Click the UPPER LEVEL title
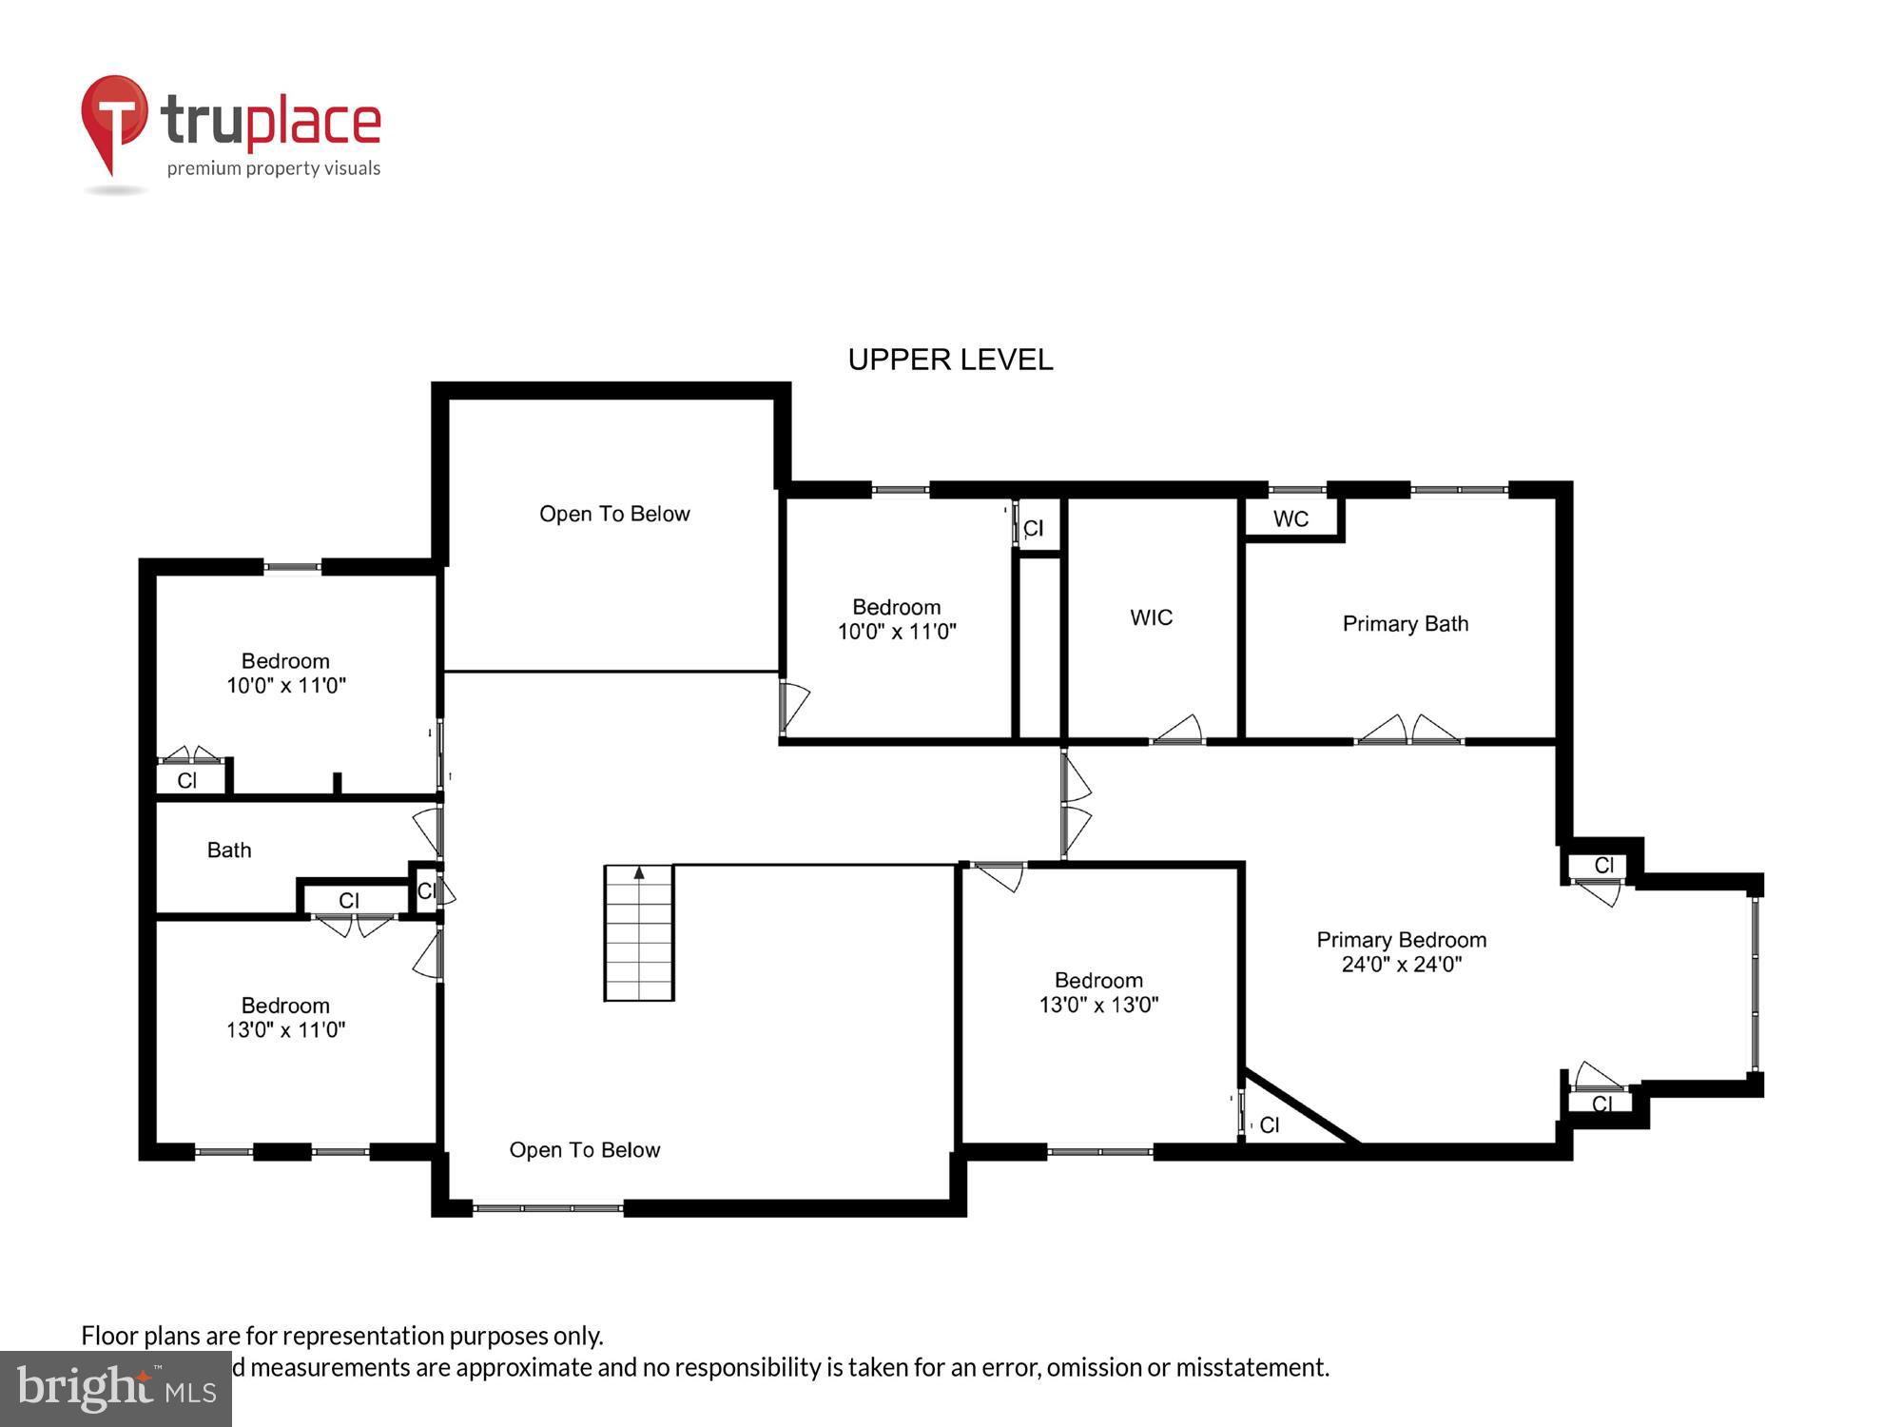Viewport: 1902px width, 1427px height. (950, 360)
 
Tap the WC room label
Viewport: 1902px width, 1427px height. (1291, 519)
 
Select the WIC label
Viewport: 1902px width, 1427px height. (1151, 617)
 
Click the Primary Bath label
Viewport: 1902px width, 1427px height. (1405, 624)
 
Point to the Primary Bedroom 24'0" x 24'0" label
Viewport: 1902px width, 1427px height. (1401, 951)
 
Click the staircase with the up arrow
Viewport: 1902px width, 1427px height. (639, 932)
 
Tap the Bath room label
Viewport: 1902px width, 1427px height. (229, 850)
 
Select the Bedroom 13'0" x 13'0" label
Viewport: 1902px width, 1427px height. (1098, 992)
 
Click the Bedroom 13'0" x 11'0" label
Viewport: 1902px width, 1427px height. (285, 1017)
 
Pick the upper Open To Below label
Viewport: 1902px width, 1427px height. (614, 514)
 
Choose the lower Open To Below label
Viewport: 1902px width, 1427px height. (584, 1150)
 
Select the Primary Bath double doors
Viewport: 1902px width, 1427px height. (1408, 731)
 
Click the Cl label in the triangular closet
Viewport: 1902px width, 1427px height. (1270, 1125)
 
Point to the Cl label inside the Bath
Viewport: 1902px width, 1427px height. (349, 900)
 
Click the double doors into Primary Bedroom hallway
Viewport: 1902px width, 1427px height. (1075, 805)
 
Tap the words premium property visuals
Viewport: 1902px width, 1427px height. (274, 168)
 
